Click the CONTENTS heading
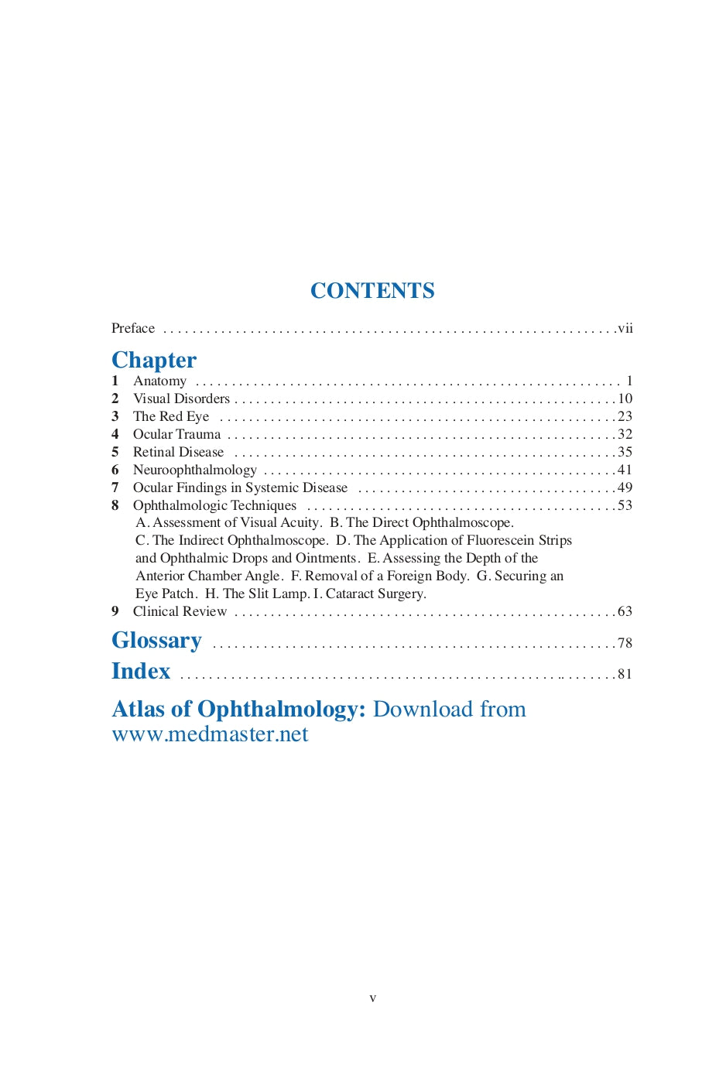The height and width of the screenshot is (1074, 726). click(x=372, y=291)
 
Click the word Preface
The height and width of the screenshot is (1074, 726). click(x=133, y=328)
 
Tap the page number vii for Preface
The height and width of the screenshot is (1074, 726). click(x=625, y=328)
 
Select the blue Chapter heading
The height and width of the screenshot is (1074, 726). click(x=154, y=360)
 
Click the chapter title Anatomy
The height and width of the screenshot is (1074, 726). click(x=159, y=381)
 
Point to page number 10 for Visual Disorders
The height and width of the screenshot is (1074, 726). click(x=625, y=398)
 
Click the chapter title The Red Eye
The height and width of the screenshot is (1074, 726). click(x=171, y=416)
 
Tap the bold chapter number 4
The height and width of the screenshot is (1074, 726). click(x=115, y=434)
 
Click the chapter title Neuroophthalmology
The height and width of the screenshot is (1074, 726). click(x=195, y=470)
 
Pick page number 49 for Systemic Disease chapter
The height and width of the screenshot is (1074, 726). click(x=625, y=487)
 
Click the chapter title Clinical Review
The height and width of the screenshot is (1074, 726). click(x=180, y=611)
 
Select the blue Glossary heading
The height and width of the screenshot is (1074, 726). click(x=156, y=641)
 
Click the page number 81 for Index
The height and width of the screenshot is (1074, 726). click(x=625, y=674)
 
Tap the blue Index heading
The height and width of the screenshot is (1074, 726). click(x=141, y=671)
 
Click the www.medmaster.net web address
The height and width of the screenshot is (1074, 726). click(x=210, y=734)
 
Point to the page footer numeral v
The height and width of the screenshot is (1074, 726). click(x=372, y=998)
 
